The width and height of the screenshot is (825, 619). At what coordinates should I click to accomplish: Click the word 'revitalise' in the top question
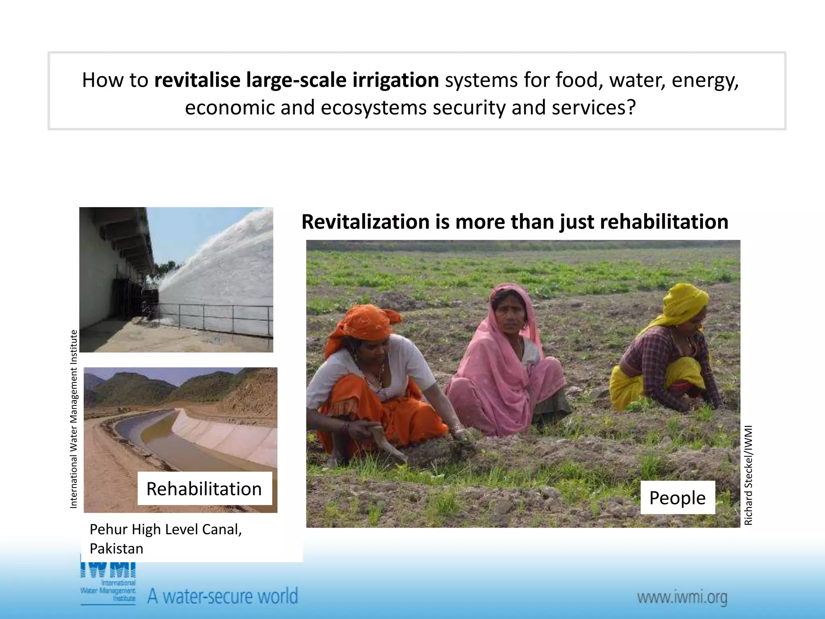point(197,80)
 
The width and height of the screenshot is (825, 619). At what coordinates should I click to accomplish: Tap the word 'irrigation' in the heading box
point(396,80)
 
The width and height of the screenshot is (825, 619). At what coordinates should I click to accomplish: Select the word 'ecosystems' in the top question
point(373,108)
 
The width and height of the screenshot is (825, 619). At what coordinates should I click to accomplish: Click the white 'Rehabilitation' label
point(204,489)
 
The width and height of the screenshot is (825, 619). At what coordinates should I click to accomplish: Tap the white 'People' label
point(677,498)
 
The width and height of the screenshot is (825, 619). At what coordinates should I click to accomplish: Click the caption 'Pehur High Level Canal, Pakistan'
point(166,539)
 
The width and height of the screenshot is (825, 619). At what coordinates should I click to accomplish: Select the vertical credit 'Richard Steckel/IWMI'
point(748,476)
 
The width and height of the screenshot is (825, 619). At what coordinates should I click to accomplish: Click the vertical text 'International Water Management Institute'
point(74,419)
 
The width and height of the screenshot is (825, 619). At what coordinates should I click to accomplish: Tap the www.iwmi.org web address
point(682,597)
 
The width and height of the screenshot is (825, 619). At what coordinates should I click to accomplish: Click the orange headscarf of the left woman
point(363,322)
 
